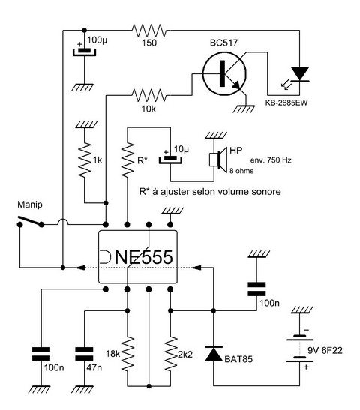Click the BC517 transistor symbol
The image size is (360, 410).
tap(224, 73)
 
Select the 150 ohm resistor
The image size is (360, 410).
tap(149, 31)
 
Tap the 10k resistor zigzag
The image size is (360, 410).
tap(149, 95)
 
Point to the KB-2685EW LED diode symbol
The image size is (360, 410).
tap(300, 74)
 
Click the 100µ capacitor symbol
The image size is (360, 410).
tap(84, 52)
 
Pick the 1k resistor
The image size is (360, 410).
tap(84, 160)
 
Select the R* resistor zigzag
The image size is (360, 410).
tap(127, 160)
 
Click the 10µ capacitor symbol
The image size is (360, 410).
tap(170, 160)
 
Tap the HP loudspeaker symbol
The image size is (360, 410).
tap(218, 160)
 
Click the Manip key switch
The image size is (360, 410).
tap(30, 221)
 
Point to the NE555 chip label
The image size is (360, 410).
tap(144, 257)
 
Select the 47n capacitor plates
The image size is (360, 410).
tap(84, 354)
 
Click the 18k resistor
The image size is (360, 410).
tap(127, 354)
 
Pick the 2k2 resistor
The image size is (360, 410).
tap(170, 354)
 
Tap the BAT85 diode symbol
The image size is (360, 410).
tap(214, 353)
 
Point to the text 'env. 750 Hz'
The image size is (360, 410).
tap(271, 160)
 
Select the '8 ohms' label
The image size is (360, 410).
tap(241, 171)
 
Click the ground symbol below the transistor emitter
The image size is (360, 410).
tap(244, 109)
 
